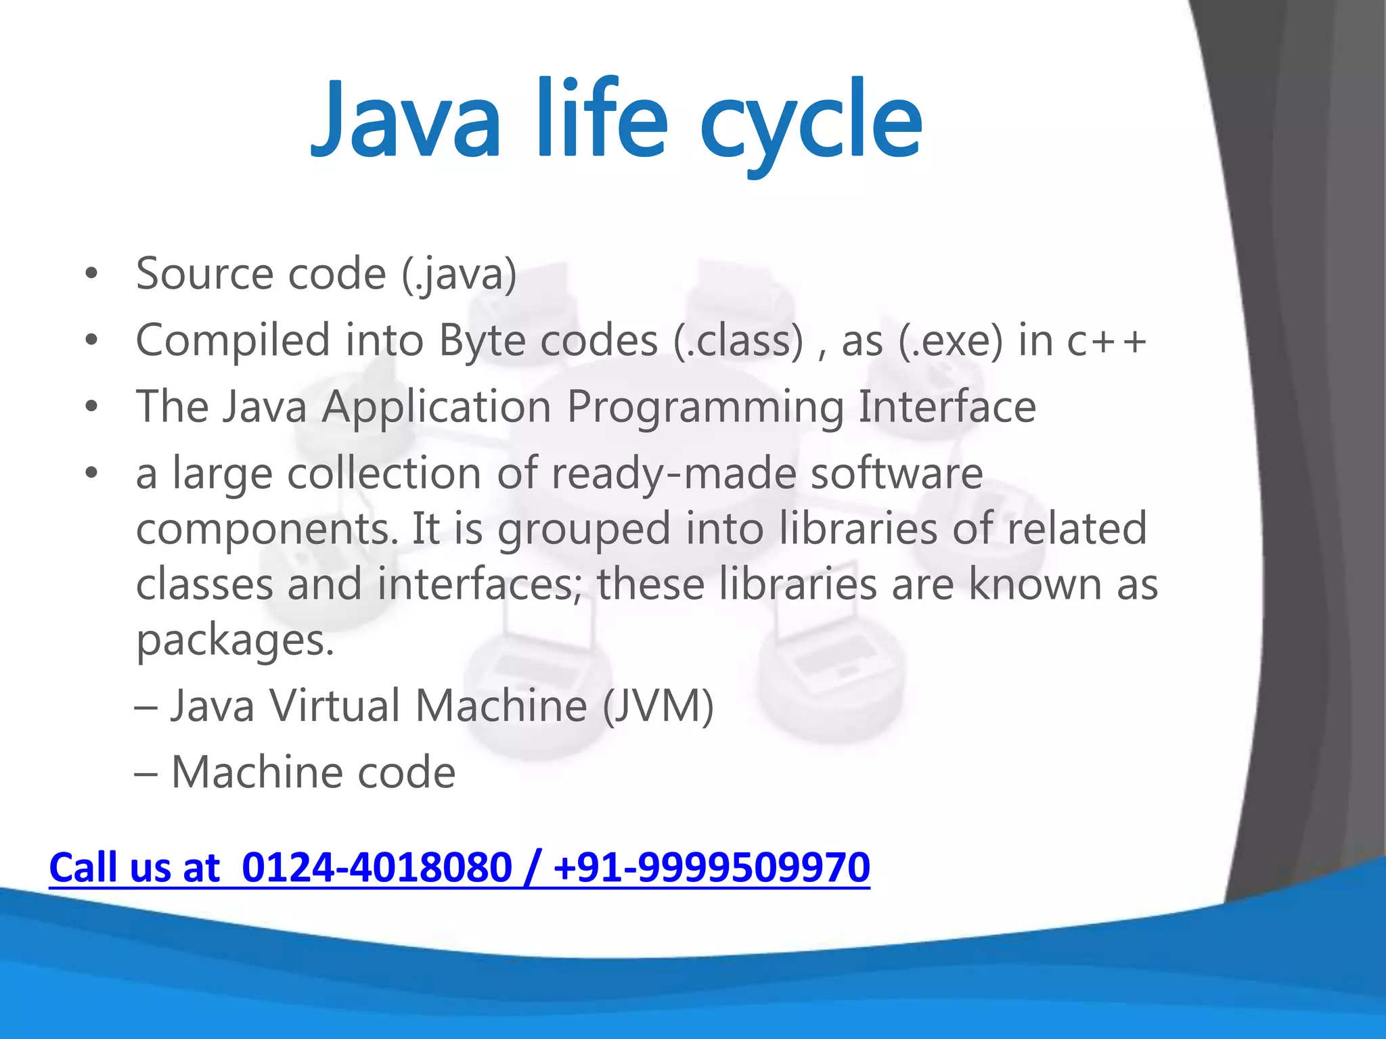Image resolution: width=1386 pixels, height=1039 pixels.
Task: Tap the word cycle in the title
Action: click(811, 125)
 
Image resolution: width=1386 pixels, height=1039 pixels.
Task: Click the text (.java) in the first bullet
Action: click(460, 275)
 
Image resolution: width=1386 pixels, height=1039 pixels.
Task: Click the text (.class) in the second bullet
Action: click(738, 341)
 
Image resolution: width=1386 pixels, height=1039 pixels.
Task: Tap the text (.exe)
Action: click(950, 341)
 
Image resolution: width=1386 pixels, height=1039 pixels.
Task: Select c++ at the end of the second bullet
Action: click(1106, 341)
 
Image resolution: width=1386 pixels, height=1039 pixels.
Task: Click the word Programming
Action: click(705, 408)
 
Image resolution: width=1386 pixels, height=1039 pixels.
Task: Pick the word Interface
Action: click(947, 407)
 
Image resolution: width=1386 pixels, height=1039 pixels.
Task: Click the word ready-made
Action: click(673, 473)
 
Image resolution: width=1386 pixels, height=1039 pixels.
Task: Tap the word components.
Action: click(267, 530)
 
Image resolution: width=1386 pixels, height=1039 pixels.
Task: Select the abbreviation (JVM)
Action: click(658, 706)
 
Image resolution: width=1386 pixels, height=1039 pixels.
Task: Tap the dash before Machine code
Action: click(146, 773)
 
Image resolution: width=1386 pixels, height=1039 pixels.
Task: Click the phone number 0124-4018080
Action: click(376, 867)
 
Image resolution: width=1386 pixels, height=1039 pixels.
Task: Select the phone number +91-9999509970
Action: click(711, 867)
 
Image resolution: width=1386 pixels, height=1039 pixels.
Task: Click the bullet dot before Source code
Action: click(91, 275)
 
